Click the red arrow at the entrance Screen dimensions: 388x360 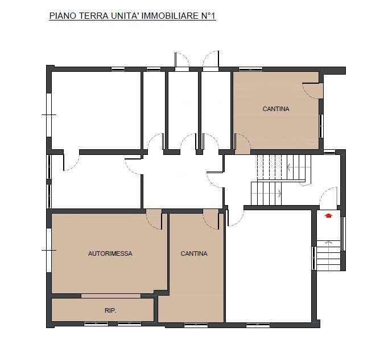pos(328,215)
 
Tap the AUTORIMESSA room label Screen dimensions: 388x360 pos(110,253)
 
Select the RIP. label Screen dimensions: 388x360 pos(110,310)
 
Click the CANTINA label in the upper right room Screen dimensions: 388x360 pos(276,109)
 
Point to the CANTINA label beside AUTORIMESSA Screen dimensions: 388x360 pos(194,253)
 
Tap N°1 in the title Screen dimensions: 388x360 pos(207,16)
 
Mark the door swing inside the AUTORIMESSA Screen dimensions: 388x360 pos(154,219)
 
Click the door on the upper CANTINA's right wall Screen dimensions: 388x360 pos(313,91)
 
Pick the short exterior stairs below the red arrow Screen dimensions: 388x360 pos(329,255)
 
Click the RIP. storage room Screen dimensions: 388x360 pos(103,310)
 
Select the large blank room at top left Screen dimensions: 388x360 pos(96,111)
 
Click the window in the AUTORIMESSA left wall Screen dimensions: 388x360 pos(49,250)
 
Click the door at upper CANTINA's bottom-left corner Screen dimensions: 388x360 pos(242,144)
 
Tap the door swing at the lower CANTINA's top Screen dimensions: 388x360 pos(211,219)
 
